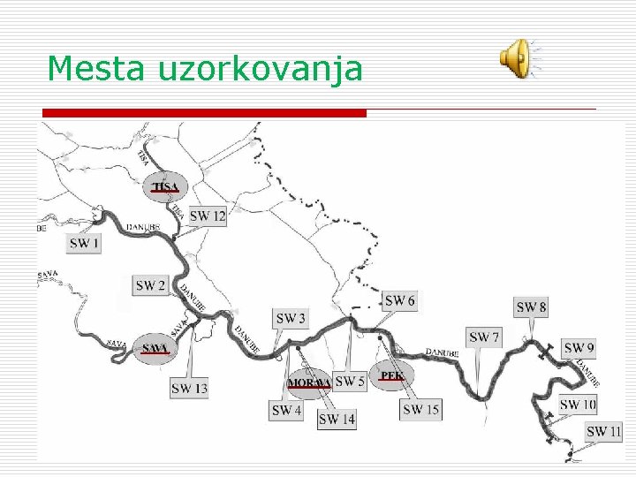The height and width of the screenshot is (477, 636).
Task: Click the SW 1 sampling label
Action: click(x=84, y=243)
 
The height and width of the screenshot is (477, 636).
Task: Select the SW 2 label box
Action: click(x=150, y=285)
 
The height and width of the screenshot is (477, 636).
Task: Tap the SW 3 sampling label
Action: click(x=291, y=319)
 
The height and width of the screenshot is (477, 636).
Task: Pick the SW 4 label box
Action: click(x=286, y=410)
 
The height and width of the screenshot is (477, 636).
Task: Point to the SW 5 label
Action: click(x=350, y=382)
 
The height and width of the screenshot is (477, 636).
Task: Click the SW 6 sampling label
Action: click(x=399, y=300)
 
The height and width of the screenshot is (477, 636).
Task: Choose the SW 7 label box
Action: click(x=484, y=337)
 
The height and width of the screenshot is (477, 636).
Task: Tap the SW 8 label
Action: click(x=531, y=307)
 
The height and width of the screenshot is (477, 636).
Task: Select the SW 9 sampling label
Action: click(x=579, y=348)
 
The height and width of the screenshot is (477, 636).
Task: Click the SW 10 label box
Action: click(x=578, y=405)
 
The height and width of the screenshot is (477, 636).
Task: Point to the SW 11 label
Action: click(x=604, y=431)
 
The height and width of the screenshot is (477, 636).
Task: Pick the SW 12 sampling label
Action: click(x=208, y=216)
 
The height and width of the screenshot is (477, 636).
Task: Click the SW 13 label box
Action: click(x=189, y=388)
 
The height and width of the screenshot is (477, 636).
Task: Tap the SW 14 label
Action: click(x=337, y=419)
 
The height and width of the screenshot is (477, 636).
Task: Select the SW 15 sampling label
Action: click(x=420, y=409)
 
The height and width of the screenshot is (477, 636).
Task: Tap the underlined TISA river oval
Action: click(x=165, y=186)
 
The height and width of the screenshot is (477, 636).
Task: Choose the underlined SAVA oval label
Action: click(x=154, y=349)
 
